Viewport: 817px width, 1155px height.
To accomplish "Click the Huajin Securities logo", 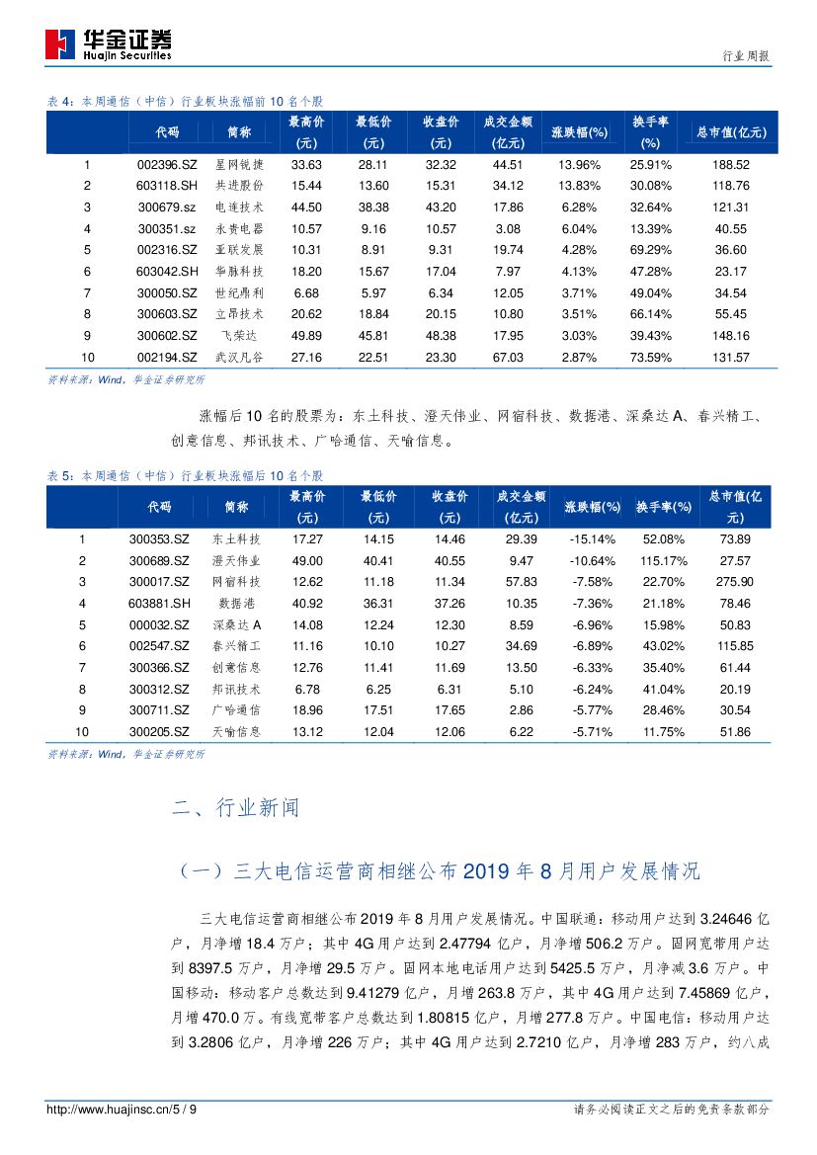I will tap(109, 43).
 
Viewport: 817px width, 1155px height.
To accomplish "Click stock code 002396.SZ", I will tap(167, 165).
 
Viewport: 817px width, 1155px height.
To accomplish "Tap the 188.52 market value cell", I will tap(730, 165).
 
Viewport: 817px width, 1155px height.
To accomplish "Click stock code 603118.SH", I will tap(167, 186).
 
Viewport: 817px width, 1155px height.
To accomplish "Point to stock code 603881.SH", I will tap(158, 603).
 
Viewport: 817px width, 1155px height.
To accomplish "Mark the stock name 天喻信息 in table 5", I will tap(236, 731).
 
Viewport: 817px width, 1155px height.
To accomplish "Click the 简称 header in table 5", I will tap(236, 507).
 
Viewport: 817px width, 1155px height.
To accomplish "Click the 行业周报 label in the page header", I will tap(741, 56).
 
